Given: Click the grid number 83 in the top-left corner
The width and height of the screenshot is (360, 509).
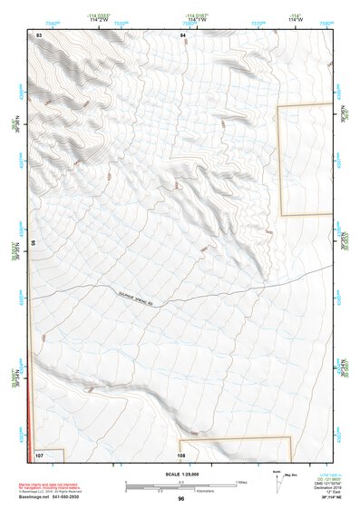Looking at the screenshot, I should point(39,34).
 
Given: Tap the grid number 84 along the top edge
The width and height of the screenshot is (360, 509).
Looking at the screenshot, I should point(182,34).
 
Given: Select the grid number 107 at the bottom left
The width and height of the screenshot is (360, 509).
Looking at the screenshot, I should point(39,454).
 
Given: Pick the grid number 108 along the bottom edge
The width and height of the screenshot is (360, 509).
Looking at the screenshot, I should point(181,455).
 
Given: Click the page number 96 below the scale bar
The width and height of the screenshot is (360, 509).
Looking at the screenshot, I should point(181,498).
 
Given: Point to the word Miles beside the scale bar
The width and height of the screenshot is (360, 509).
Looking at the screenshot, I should point(242,481).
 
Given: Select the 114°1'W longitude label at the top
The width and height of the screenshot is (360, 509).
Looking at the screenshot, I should point(194,19).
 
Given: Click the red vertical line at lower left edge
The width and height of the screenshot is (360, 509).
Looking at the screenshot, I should point(31,399).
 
